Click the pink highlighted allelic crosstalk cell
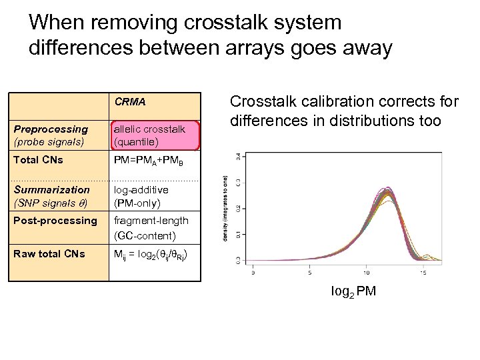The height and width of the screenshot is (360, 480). (x=154, y=135)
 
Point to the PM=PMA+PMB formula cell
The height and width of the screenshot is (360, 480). (x=149, y=161)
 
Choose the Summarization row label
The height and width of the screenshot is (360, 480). (x=52, y=196)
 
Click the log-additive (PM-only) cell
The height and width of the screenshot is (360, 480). (x=141, y=196)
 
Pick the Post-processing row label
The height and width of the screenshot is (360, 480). (x=55, y=221)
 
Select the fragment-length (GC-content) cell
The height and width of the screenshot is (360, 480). (x=151, y=227)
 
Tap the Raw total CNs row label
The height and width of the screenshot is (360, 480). (x=49, y=253)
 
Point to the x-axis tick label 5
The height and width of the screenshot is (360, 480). (x=310, y=273)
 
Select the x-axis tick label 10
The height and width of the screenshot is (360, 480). (x=366, y=273)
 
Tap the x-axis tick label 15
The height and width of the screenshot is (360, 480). (x=423, y=273)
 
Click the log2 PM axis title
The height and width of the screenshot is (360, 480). (x=353, y=291)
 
